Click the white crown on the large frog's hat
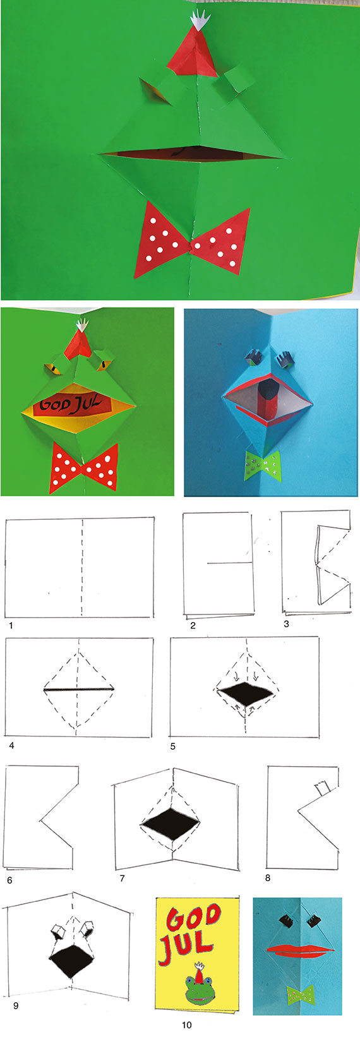point(200,19)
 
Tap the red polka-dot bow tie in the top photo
point(192,240)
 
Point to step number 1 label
point(11,626)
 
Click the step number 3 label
point(286,624)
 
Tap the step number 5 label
point(173,747)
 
